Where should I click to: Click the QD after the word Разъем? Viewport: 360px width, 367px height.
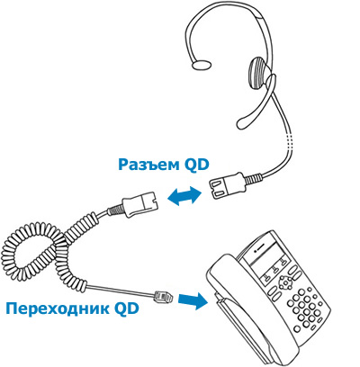[196, 165]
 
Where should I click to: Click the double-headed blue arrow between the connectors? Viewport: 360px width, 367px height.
[184, 196]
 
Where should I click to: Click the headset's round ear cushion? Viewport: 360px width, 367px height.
[259, 73]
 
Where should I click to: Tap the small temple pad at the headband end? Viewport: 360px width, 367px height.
[202, 65]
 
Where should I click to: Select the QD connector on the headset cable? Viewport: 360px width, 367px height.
[228, 185]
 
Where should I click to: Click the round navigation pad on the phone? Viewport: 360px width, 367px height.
[284, 282]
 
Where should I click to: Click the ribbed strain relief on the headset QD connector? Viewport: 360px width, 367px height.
[253, 179]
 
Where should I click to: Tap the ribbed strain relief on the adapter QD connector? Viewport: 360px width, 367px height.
[115, 210]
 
